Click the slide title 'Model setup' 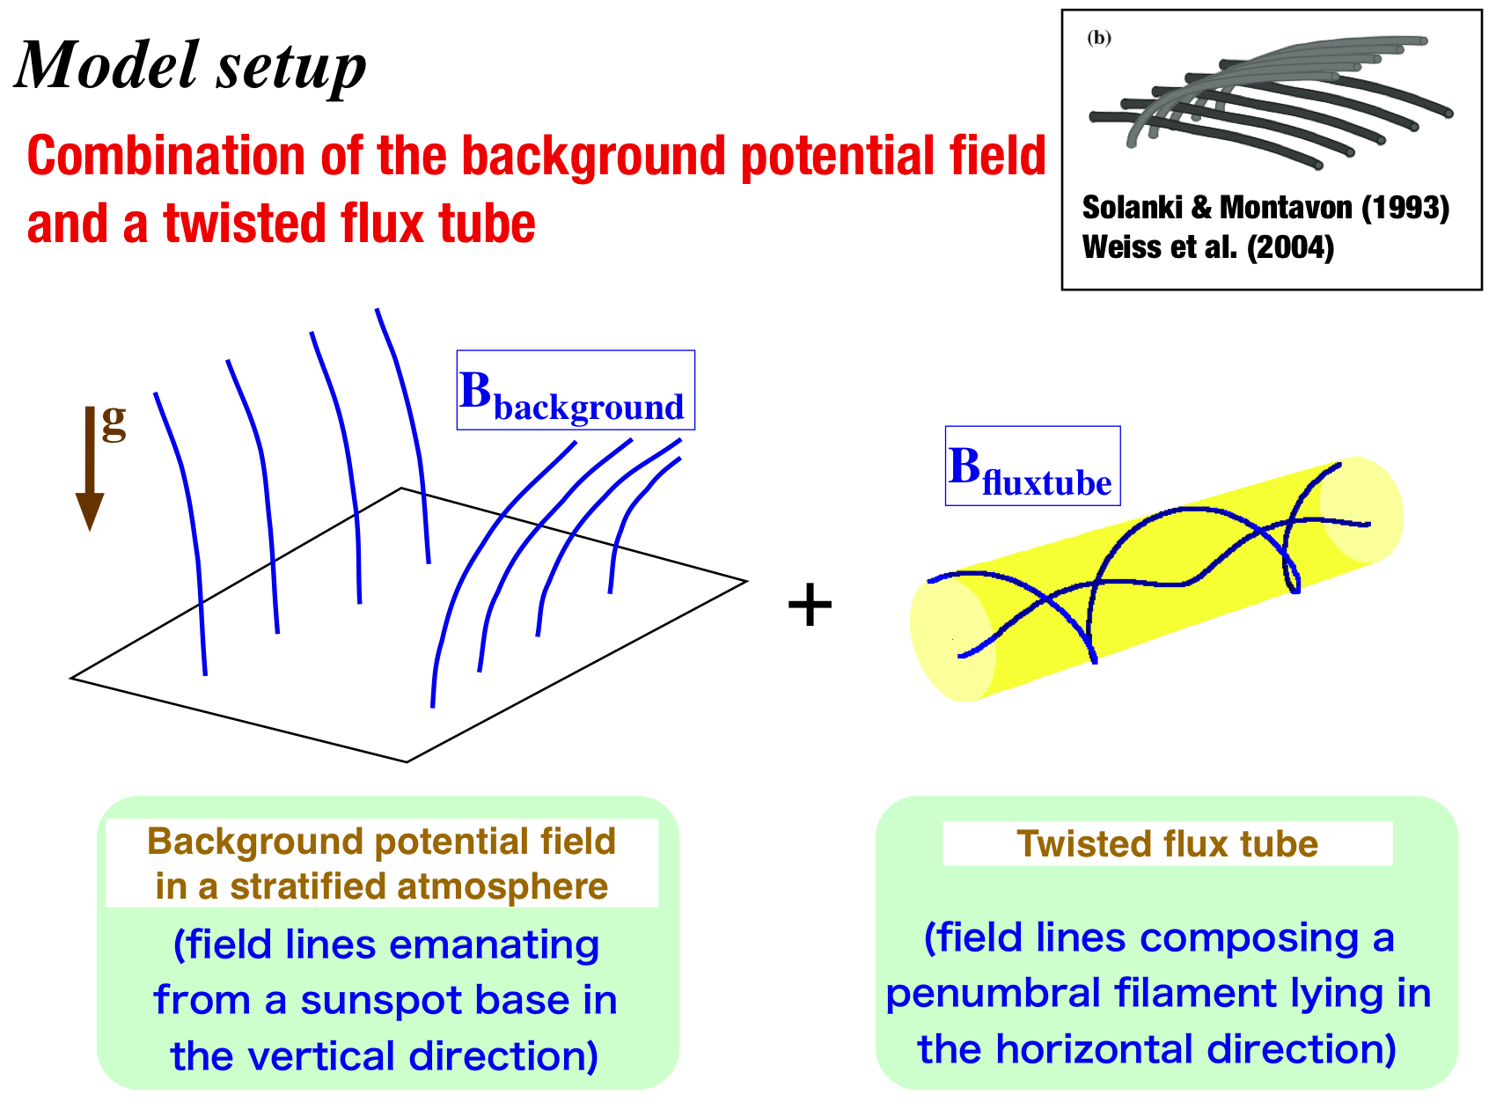(x=191, y=65)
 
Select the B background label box (x=576, y=390)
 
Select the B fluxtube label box (x=1032, y=466)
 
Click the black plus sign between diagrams (x=810, y=606)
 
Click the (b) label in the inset (x=1099, y=38)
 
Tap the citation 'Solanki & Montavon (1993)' (x=1265, y=208)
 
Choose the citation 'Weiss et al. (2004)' (x=1208, y=247)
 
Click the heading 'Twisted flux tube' (x=1167, y=844)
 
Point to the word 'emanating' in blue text (x=495, y=945)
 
